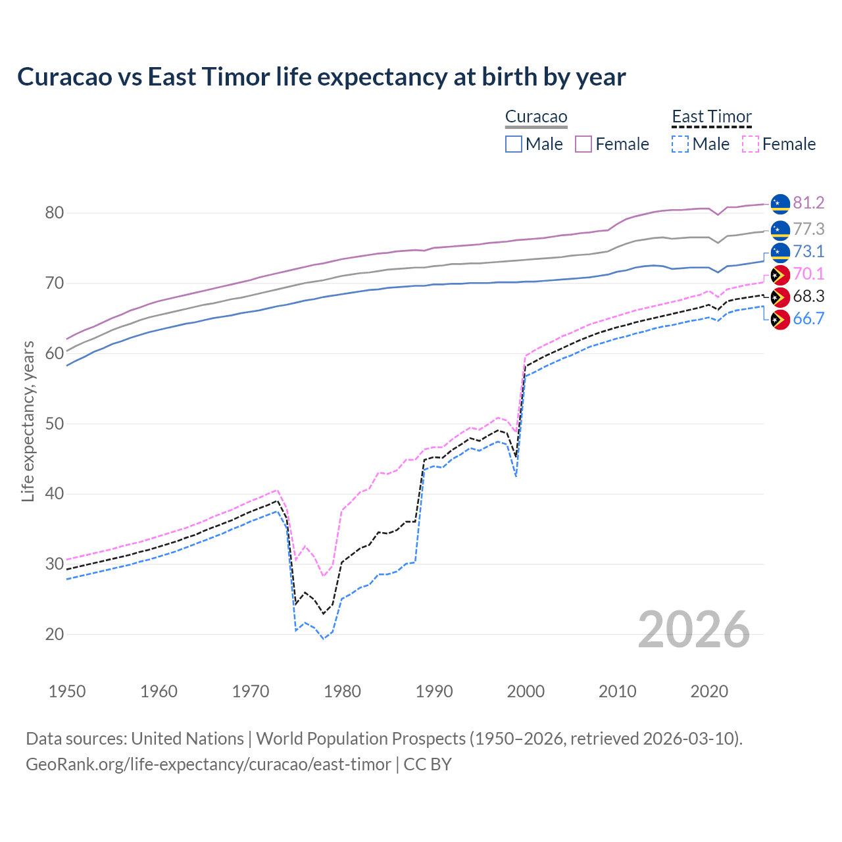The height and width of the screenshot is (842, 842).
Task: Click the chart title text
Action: [x=321, y=77]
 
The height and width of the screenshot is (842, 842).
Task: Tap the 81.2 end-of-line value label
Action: [x=808, y=203]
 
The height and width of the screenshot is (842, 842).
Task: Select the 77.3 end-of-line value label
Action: [x=808, y=229]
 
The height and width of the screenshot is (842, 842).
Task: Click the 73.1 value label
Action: [x=808, y=251]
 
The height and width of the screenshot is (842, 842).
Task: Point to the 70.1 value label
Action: [x=808, y=274]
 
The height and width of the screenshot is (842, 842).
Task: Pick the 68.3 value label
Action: [x=808, y=296]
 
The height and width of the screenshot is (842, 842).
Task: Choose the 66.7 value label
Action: [x=808, y=318]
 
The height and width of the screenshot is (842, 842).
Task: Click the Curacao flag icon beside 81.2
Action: [x=780, y=204]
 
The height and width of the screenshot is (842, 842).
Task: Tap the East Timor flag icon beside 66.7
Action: [x=780, y=320]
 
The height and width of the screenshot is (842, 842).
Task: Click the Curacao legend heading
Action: [x=536, y=116]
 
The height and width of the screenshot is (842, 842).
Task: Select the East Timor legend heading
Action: [x=711, y=116]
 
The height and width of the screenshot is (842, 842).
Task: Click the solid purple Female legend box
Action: [x=584, y=144]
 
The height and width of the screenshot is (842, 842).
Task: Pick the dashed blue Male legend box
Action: [x=680, y=144]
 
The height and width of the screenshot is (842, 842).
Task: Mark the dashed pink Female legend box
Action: [x=751, y=144]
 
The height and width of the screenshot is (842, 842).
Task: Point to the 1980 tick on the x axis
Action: [x=343, y=691]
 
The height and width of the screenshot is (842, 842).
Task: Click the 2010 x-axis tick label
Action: [x=617, y=691]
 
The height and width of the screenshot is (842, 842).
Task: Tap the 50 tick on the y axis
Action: [x=55, y=424]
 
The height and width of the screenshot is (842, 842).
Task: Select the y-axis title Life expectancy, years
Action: [x=28, y=421]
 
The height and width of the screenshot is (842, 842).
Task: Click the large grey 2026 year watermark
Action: [x=694, y=630]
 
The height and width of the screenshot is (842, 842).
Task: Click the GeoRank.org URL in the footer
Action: [x=209, y=764]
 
